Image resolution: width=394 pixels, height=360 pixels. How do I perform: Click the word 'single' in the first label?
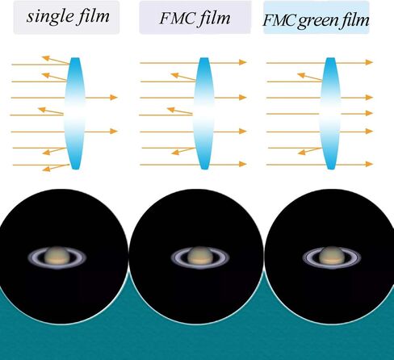[x=50, y=17]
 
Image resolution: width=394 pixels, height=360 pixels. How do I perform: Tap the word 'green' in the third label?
[x=320, y=21]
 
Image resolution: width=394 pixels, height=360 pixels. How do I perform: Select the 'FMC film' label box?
[x=195, y=18]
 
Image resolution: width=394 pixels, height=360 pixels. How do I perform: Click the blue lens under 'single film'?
[x=75, y=113]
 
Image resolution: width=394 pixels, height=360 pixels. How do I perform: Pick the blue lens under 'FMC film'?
[x=203, y=113]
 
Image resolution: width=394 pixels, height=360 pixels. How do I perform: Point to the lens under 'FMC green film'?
[x=330, y=113]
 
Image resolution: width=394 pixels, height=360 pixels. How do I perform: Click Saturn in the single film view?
[x=57, y=257]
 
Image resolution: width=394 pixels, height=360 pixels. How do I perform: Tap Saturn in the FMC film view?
[x=200, y=257]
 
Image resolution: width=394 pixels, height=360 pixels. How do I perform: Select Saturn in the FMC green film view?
[x=332, y=257]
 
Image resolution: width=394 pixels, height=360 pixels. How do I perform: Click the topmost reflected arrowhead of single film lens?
[x=45, y=58]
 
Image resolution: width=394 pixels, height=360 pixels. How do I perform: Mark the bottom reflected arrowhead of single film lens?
[x=46, y=169]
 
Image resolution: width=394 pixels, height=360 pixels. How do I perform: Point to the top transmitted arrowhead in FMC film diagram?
[x=243, y=62]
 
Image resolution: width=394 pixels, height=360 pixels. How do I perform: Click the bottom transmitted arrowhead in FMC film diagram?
[x=243, y=164]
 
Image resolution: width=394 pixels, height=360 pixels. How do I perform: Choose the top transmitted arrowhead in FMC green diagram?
[x=369, y=62]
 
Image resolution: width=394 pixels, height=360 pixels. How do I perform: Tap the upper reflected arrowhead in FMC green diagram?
[x=300, y=75]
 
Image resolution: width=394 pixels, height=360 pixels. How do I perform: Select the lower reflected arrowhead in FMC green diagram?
[x=301, y=153]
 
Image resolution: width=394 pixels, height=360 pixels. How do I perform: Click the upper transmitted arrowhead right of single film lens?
[x=114, y=97]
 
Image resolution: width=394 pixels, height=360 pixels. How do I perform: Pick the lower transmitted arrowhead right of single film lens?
[x=114, y=132]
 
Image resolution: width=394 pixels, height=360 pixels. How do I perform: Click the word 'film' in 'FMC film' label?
[x=215, y=19]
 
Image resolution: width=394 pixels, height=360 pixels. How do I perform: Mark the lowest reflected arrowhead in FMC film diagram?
[x=175, y=153]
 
